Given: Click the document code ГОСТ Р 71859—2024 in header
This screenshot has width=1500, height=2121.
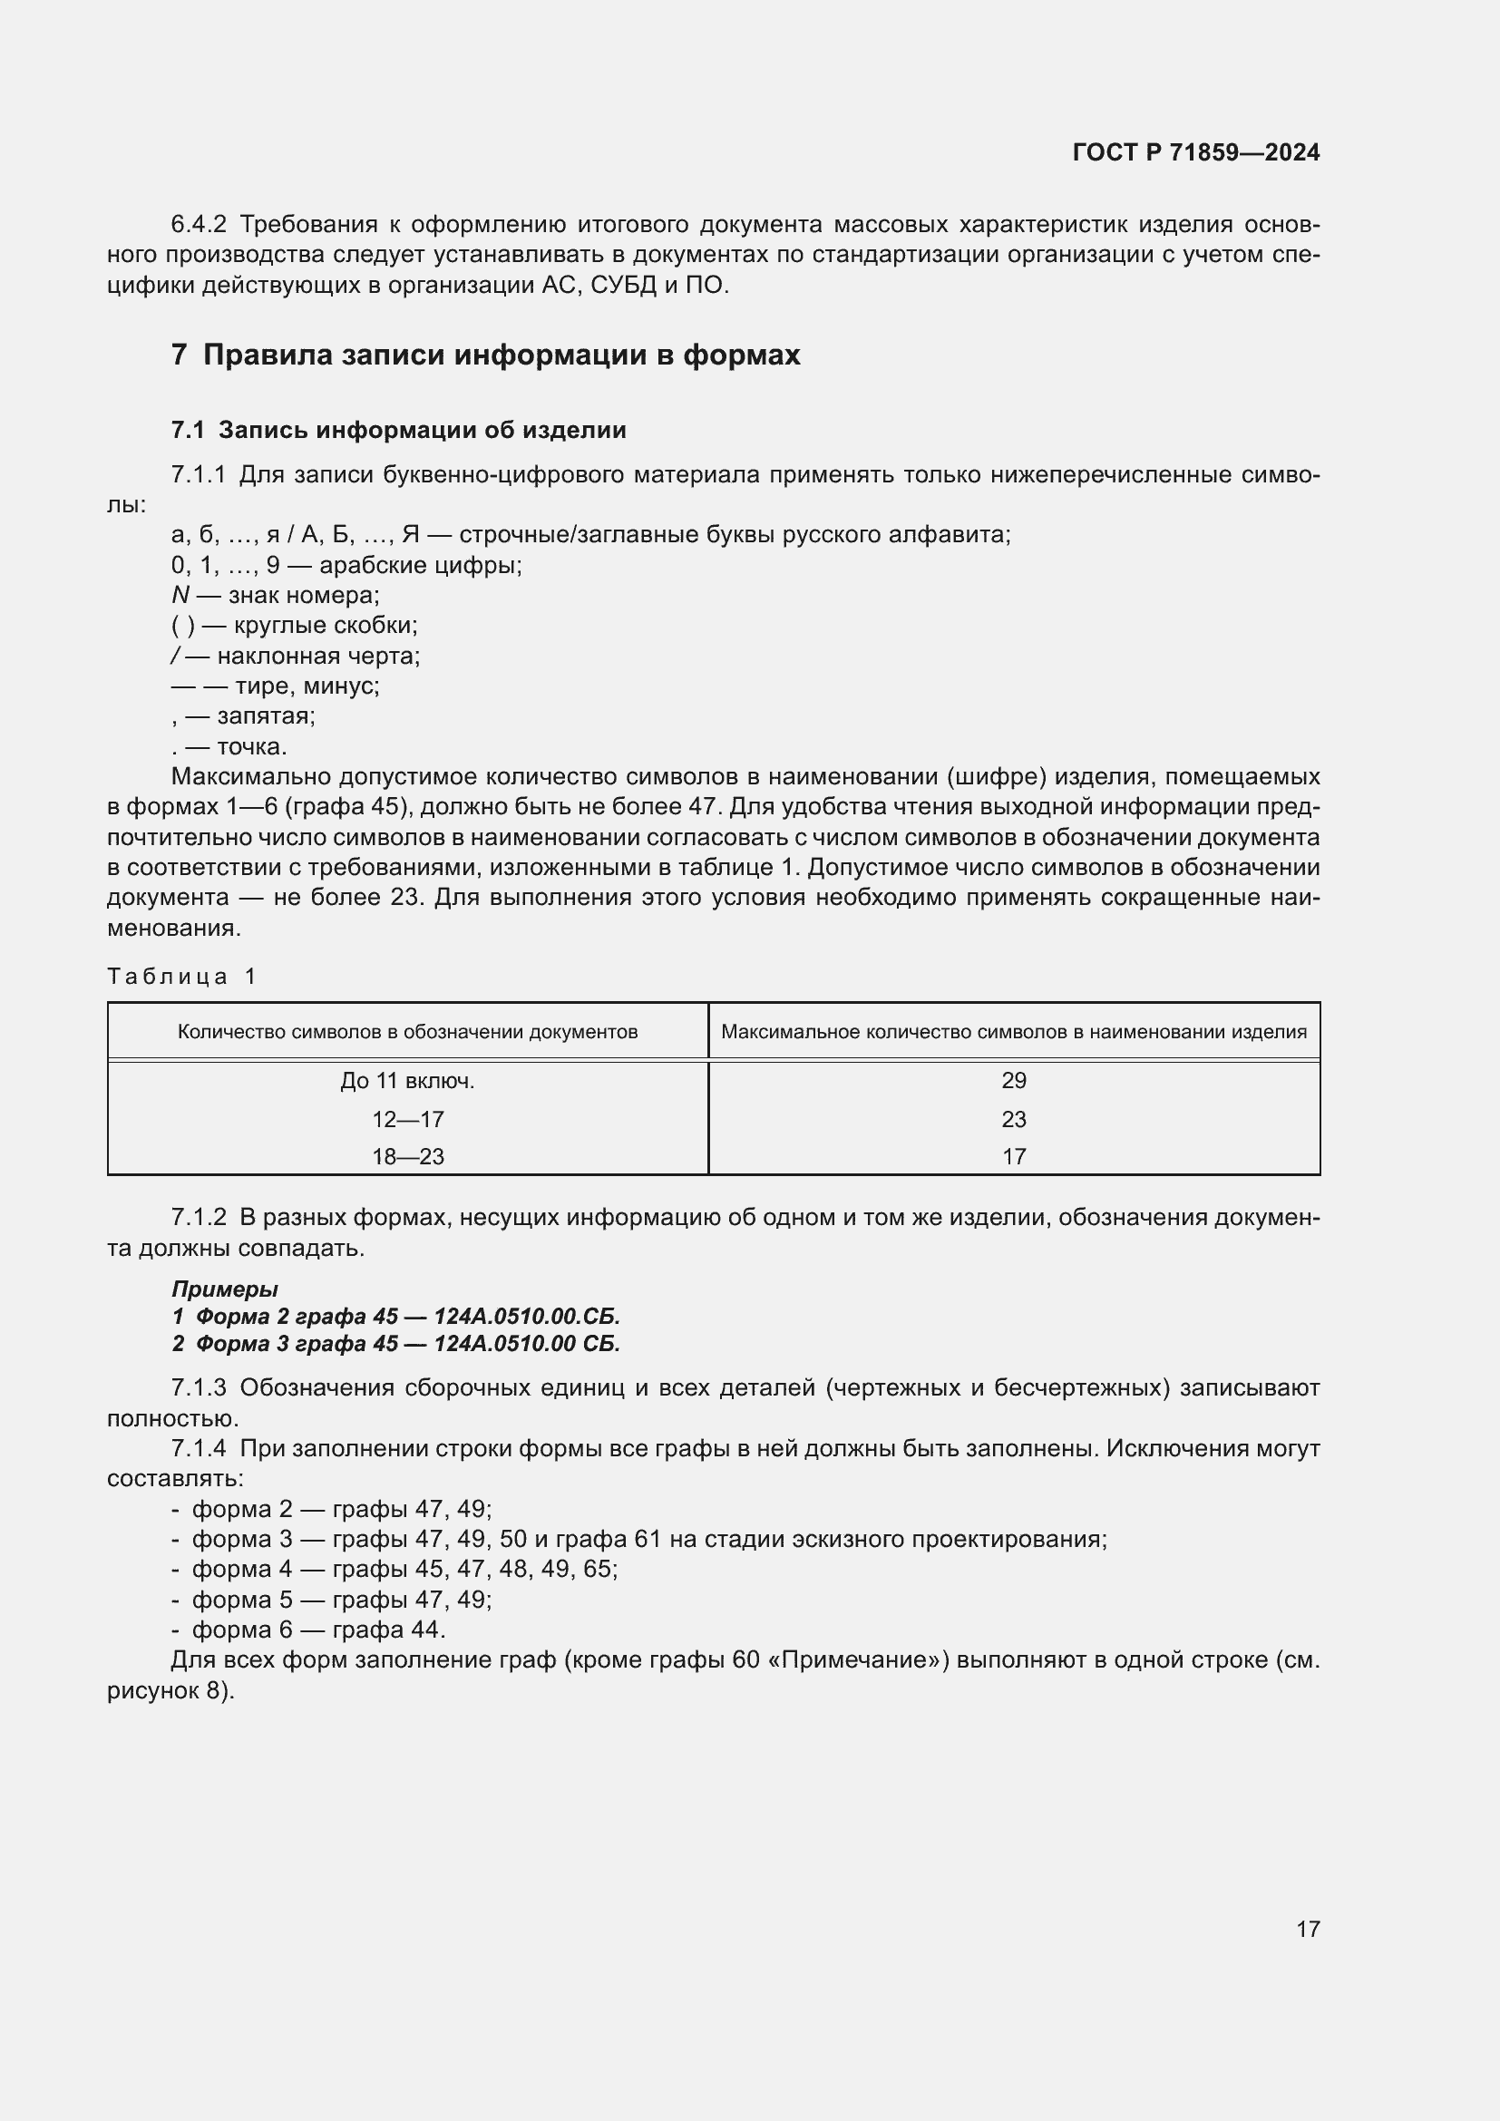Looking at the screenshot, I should [x=1195, y=152].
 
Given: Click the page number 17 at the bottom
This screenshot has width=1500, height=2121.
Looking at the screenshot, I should [x=1307, y=1929].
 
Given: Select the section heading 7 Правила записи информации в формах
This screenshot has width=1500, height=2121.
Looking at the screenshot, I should [x=485, y=355].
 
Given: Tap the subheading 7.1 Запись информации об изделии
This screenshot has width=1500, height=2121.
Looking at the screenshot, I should [x=398, y=430].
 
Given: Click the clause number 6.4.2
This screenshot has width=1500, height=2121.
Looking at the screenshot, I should [x=198, y=225].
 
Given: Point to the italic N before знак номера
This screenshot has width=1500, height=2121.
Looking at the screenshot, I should [x=180, y=595].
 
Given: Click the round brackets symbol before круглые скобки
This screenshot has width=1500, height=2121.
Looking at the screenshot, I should [x=183, y=626].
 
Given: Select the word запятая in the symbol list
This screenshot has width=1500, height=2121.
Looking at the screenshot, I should [x=266, y=716].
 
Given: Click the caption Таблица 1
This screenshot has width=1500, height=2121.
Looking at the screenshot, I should [x=181, y=977].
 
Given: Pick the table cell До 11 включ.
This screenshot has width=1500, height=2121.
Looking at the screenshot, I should [x=407, y=1081].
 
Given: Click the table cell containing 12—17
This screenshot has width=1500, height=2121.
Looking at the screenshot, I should [x=407, y=1120].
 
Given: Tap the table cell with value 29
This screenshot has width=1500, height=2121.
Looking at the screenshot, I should [x=1013, y=1081].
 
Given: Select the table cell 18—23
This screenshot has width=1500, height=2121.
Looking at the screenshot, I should [x=407, y=1156].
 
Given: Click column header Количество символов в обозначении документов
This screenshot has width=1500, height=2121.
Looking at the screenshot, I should [x=407, y=1032].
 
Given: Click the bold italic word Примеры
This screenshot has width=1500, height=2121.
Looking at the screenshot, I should [x=224, y=1289].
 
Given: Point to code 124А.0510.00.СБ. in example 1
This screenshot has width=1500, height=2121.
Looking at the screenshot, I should [x=527, y=1317].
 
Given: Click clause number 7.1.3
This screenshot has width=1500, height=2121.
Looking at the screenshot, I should [x=198, y=1388].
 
